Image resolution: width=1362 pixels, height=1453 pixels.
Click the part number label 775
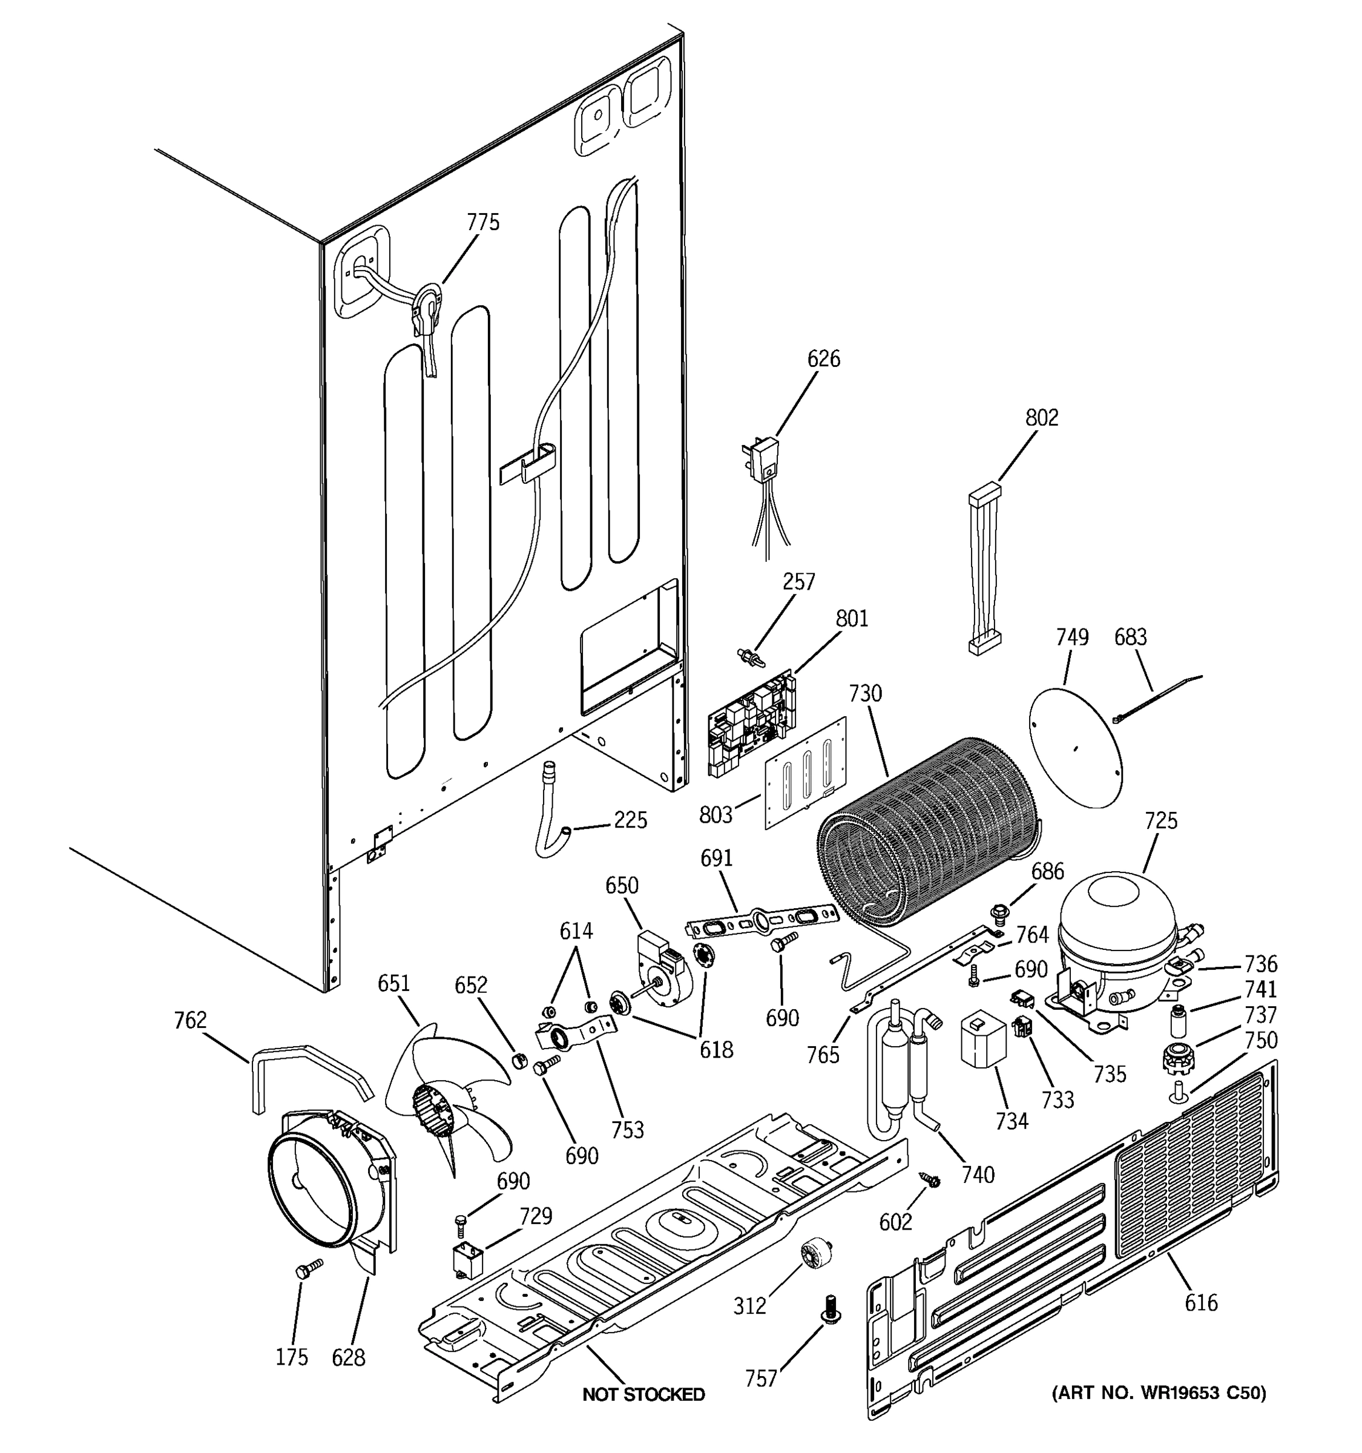point(483,222)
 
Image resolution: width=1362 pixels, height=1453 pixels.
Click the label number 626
point(823,359)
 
